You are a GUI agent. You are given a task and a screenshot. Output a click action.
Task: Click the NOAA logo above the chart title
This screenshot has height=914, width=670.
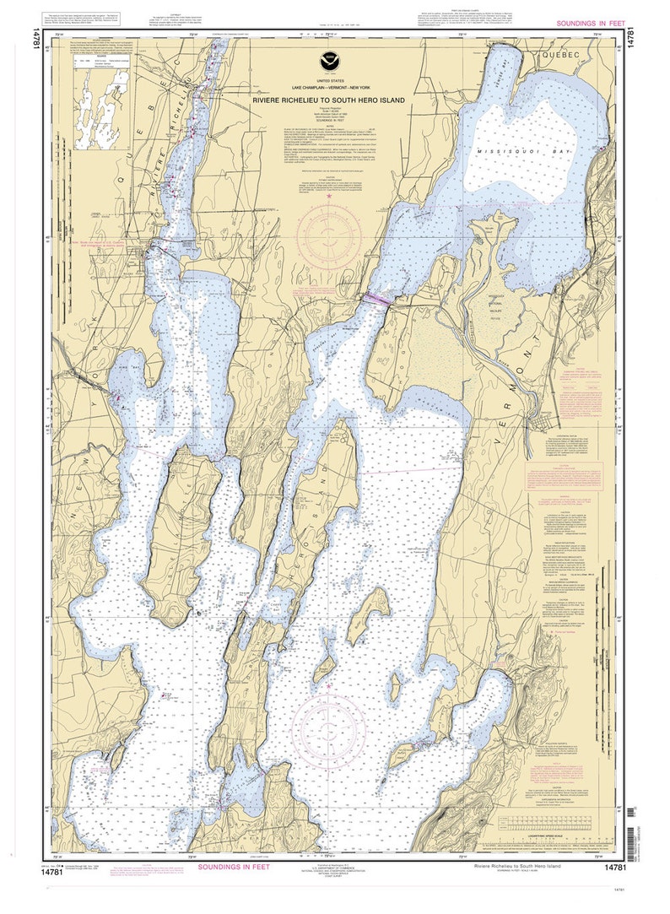[327, 60]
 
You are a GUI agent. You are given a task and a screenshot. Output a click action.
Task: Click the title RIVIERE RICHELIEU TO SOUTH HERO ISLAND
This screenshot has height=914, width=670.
[327, 100]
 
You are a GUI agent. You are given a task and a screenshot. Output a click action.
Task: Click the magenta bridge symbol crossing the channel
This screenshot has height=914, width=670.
[376, 298]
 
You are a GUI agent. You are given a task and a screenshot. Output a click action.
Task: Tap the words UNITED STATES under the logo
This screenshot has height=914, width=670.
[327, 79]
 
